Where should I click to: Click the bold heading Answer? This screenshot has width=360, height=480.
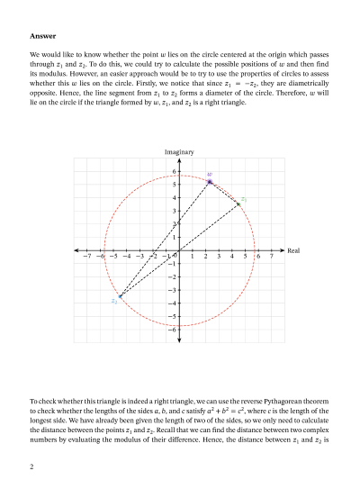[x=43, y=36]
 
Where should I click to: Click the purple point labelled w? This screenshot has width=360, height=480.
[x=210, y=182]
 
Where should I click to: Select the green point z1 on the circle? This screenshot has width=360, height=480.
[x=238, y=204]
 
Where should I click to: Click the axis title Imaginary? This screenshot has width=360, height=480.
[x=179, y=152]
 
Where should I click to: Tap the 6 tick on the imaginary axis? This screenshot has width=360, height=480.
[x=174, y=171]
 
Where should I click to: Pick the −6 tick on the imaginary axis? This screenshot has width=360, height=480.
[x=172, y=330]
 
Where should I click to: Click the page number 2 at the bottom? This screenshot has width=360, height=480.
[x=32, y=466]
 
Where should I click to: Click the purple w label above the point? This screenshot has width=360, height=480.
[x=210, y=174]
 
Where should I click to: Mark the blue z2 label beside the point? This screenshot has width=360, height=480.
[x=114, y=302]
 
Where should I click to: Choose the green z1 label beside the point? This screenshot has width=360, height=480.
[x=244, y=199]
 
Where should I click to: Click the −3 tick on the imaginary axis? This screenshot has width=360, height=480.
[x=172, y=290]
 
